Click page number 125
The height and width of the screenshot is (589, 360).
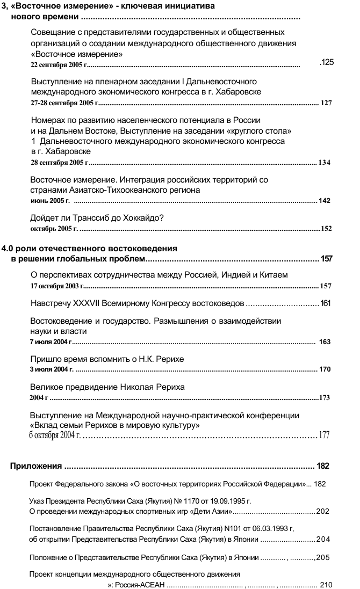pos(327,63)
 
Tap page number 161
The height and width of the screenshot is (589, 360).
pos(325,303)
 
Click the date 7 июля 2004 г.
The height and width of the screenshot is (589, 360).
pos(50,341)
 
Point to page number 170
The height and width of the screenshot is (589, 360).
pos(325,369)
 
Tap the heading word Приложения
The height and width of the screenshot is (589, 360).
pos(36,465)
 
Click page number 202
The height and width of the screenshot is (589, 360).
pos(322,512)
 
